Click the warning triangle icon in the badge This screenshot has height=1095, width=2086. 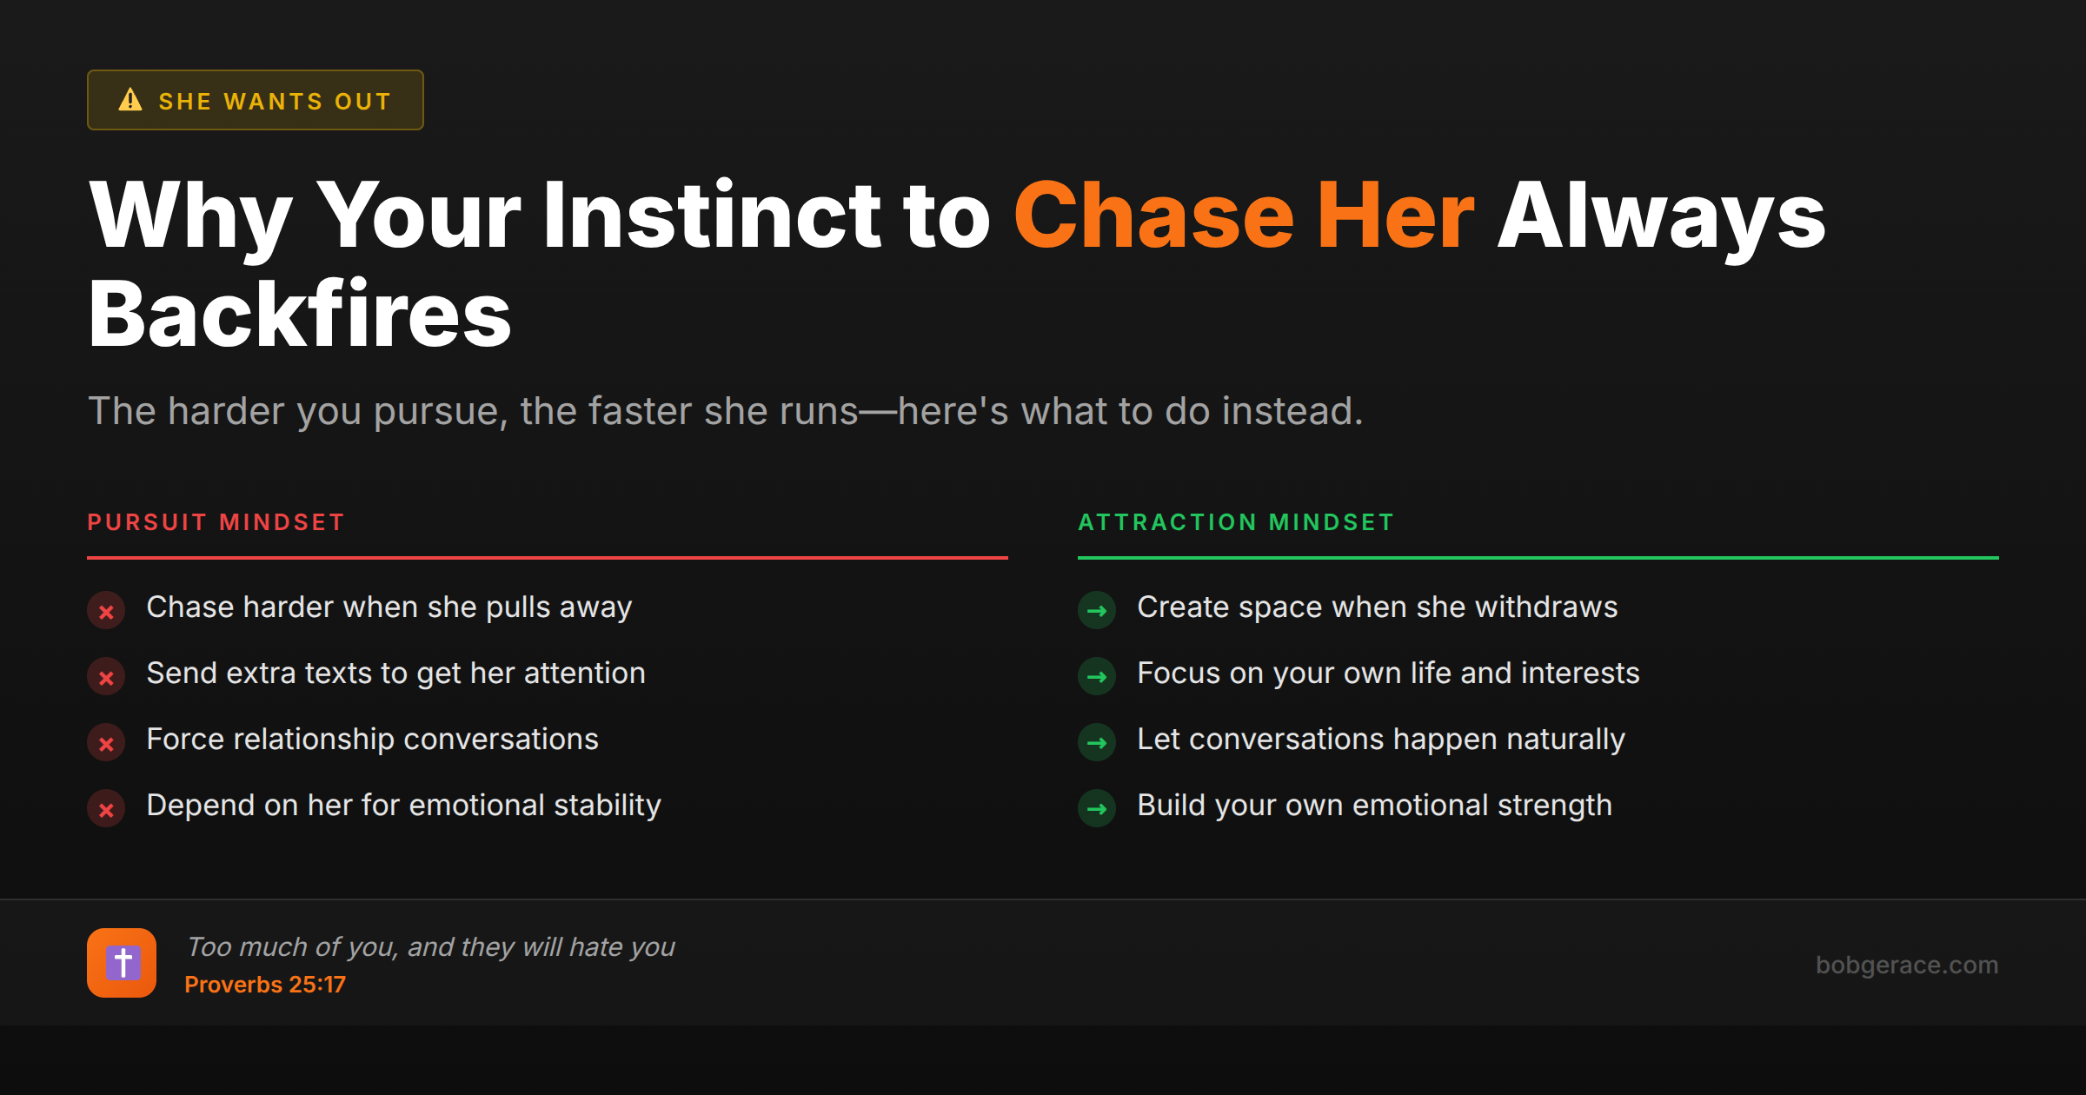pyautogui.click(x=130, y=100)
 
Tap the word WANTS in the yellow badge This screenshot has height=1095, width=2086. pyautogui.click(x=273, y=102)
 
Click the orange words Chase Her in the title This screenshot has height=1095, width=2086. pyautogui.click(x=1244, y=216)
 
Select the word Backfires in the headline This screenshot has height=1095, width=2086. pyautogui.click(x=300, y=315)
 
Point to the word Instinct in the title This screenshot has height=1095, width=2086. pyautogui.click(x=712, y=216)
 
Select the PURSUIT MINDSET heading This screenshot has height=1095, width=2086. pyautogui.click(x=216, y=522)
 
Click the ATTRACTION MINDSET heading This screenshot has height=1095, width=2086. pyautogui.click(x=1236, y=522)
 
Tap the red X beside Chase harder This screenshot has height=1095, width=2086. pyautogui.click(x=106, y=611)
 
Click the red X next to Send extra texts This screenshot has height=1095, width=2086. pyautogui.click(x=106, y=677)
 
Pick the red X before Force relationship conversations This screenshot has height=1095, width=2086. pyautogui.click(x=106, y=743)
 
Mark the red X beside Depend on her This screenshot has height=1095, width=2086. pyautogui.click(x=106, y=809)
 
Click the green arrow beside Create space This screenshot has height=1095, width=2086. pyautogui.click(x=1097, y=611)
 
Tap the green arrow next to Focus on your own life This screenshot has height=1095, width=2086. pyautogui.click(x=1097, y=677)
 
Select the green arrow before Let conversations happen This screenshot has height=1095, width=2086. pyautogui.click(x=1097, y=743)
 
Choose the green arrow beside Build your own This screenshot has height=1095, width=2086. pyautogui.click(x=1097, y=809)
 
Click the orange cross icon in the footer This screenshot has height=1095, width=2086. pyautogui.click(x=122, y=963)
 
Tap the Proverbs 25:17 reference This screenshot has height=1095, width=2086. pyautogui.click(x=265, y=985)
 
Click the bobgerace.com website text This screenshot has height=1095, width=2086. pyautogui.click(x=1906, y=965)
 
